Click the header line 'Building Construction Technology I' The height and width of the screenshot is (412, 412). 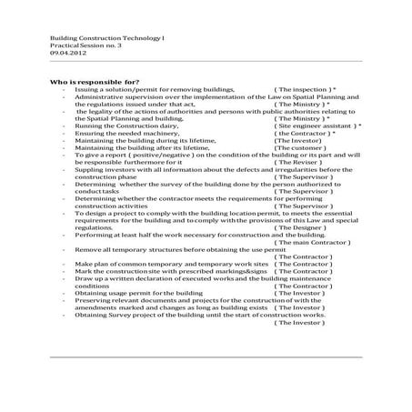[97, 37]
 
